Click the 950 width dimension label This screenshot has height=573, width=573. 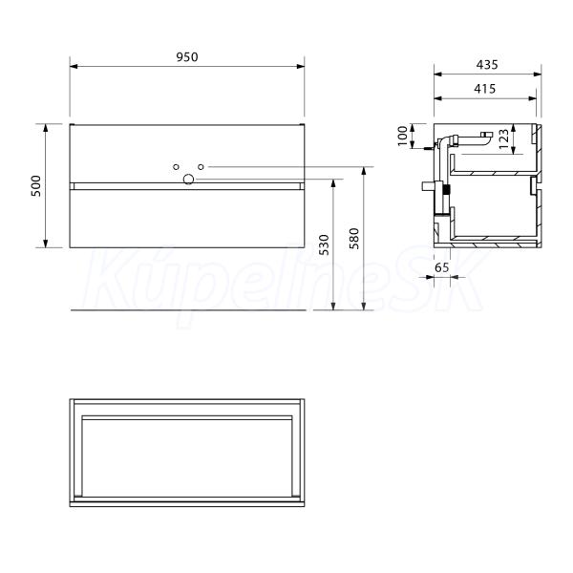(x=187, y=57)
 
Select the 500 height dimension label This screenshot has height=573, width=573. (x=36, y=186)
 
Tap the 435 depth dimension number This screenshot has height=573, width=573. (x=487, y=65)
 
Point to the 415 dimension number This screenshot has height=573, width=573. (x=485, y=89)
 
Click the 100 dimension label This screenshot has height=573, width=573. (x=402, y=136)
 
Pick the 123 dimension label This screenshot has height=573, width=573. (x=503, y=138)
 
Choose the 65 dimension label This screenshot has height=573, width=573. (x=441, y=267)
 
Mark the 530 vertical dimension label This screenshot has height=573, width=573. (x=324, y=244)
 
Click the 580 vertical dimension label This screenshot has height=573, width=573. (x=354, y=239)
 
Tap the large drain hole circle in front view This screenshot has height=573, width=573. (x=188, y=180)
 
